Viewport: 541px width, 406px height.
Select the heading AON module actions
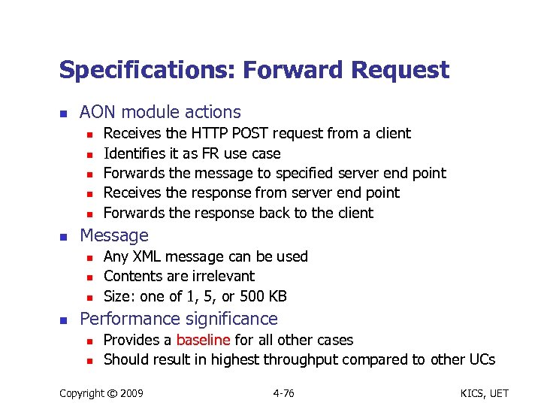click(x=160, y=113)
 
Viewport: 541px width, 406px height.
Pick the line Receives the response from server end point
click(x=251, y=192)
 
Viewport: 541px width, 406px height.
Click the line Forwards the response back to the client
click(x=238, y=213)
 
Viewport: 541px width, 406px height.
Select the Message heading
click(x=114, y=235)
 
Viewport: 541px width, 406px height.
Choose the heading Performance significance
click(x=178, y=319)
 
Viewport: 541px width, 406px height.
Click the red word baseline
click(x=203, y=340)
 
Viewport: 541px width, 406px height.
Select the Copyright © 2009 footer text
click(x=101, y=392)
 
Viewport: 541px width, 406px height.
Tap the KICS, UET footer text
click(x=477, y=392)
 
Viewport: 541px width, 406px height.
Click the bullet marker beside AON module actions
click(x=64, y=114)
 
